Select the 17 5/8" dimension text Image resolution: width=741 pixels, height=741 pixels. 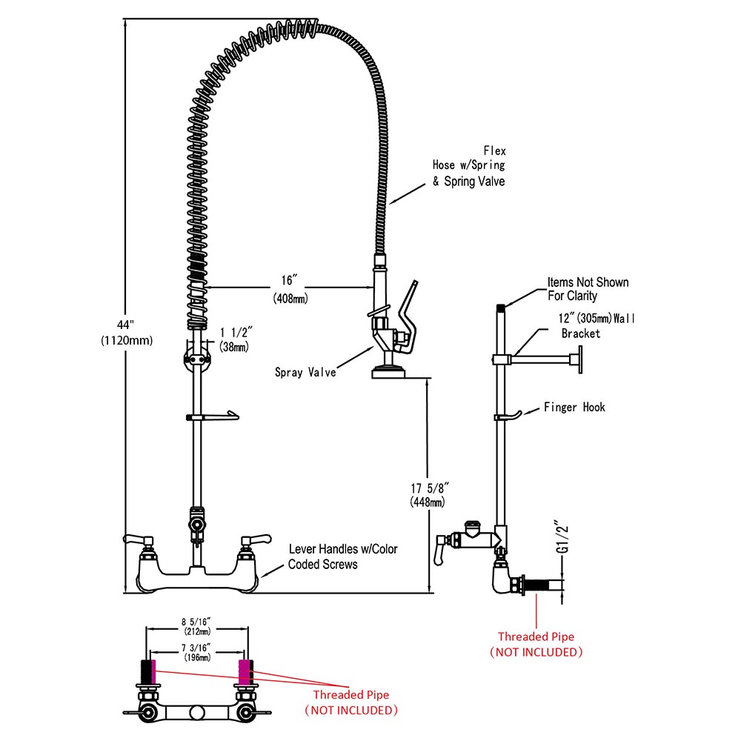click(x=429, y=488)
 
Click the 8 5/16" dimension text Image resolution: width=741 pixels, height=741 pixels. click(x=197, y=622)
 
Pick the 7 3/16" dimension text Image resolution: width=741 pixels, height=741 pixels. click(x=196, y=647)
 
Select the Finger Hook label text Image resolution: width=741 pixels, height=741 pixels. click(x=574, y=407)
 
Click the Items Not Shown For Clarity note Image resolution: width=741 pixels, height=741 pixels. click(x=588, y=289)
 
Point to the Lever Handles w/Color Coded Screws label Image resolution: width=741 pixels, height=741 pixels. click(x=342, y=556)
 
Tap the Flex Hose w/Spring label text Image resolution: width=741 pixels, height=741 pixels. click(x=469, y=166)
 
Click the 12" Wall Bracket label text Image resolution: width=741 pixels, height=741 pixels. click(x=596, y=326)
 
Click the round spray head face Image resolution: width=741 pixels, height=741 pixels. click(x=388, y=371)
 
